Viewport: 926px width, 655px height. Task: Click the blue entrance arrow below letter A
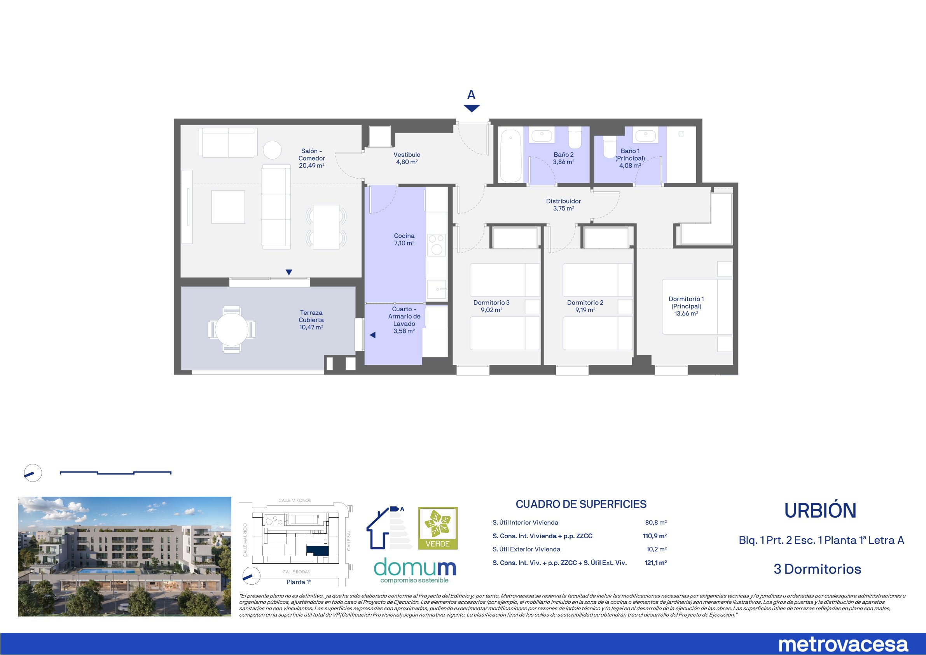(472, 108)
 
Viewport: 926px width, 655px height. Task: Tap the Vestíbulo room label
(407, 158)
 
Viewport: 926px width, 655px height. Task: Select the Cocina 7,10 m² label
(404, 239)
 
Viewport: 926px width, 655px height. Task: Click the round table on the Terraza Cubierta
(232, 329)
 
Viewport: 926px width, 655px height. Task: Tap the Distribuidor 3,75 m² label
(563, 205)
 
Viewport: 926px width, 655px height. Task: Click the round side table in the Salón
(272, 150)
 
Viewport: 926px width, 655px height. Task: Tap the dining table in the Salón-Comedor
(326, 227)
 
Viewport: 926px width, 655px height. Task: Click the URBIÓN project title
(820, 511)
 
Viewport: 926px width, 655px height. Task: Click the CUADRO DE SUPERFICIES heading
(581, 504)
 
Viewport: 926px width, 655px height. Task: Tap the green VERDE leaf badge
(438, 528)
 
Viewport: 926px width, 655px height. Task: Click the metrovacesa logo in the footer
(843, 644)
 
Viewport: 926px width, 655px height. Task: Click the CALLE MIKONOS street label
(295, 501)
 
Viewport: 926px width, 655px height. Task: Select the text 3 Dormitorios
(818, 569)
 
